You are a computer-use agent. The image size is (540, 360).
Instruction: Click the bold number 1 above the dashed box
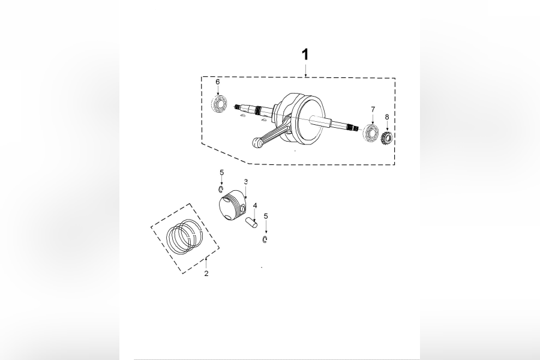point(305,55)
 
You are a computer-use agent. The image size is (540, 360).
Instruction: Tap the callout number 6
point(218,82)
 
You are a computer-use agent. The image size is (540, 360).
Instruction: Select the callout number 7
point(373,109)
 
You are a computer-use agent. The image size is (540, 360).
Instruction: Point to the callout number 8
point(387,117)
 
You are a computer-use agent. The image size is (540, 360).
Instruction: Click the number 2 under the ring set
point(206,274)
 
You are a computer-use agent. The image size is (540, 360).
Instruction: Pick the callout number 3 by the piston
point(245,181)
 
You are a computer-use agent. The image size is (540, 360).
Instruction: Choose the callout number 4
point(255,205)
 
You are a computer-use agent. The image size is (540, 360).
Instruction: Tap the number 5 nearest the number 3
point(221,172)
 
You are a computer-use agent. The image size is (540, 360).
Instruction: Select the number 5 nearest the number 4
point(266,215)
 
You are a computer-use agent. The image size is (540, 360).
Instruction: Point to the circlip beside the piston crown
point(221,190)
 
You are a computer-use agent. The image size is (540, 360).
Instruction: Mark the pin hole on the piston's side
point(242,210)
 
